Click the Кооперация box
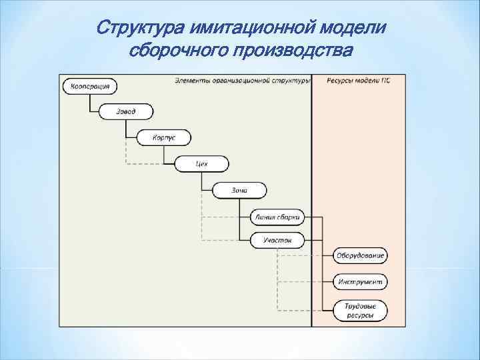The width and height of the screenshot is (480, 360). (x=89, y=86)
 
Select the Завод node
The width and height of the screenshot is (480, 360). (x=126, y=112)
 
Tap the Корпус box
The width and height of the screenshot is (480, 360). (x=164, y=138)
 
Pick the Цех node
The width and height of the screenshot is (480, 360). (x=201, y=164)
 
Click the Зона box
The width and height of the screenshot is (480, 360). (x=239, y=191)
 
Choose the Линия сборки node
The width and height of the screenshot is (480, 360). (x=277, y=217)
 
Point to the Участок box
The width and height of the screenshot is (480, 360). (x=277, y=240)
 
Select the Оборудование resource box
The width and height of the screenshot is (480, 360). (x=360, y=255)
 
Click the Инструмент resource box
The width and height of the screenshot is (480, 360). (x=360, y=282)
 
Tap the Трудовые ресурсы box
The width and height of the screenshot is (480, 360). (x=360, y=309)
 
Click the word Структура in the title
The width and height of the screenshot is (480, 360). (x=141, y=29)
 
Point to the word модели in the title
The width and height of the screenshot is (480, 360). (x=357, y=29)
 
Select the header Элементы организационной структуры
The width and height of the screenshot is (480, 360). (x=243, y=81)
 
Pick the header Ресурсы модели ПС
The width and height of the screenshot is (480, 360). (x=359, y=81)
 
